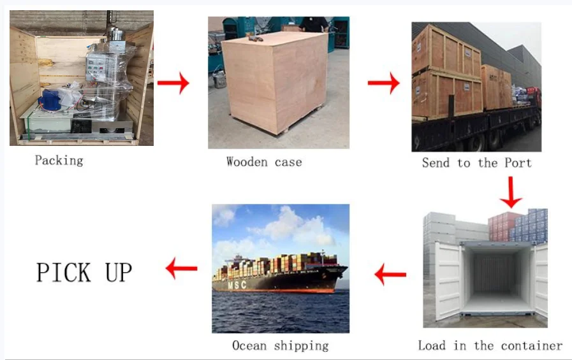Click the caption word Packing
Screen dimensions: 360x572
click(59, 160)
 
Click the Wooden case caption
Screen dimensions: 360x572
click(264, 162)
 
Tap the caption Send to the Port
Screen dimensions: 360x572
click(476, 163)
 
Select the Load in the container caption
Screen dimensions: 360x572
click(490, 346)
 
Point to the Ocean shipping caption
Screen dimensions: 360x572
click(280, 346)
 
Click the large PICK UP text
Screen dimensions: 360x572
click(84, 272)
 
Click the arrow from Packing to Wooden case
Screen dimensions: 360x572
click(173, 83)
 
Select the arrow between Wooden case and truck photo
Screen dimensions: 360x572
click(384, 83)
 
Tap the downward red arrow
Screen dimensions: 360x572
click(511, 192)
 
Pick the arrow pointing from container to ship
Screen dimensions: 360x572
click(390, 275)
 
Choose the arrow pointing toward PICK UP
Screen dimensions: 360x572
click(182, 269)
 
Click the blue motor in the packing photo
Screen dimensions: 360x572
click(50, 100)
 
